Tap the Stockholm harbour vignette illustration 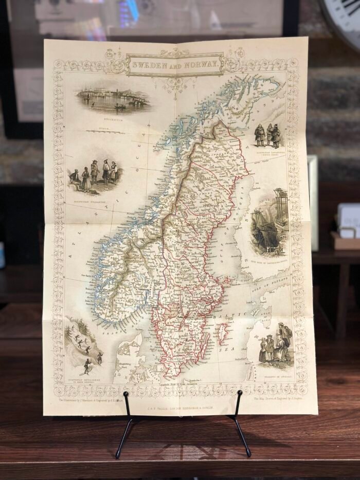coord(113,98)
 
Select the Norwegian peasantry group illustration coord(95,176)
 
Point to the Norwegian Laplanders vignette coord(268,135)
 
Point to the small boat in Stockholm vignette coord(119,106)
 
